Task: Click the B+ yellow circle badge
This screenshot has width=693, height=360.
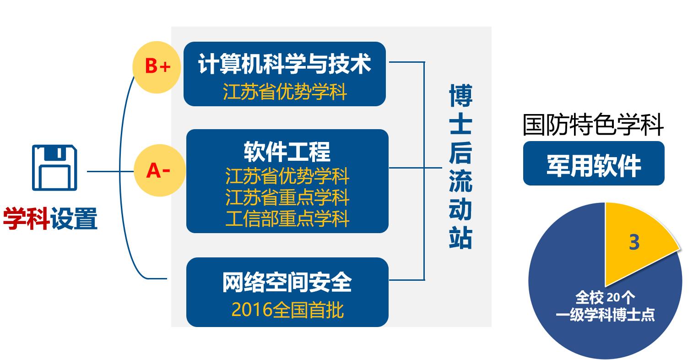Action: [157, 67]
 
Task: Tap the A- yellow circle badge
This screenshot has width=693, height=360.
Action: [160, 170]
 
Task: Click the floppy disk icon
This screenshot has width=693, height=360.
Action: [54, 168]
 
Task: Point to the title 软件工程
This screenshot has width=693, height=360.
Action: [287, 152]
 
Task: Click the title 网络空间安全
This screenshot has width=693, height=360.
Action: [287, 282]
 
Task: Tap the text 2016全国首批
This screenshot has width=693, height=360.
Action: [287, 310]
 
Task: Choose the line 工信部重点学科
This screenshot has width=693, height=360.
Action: [287, 218]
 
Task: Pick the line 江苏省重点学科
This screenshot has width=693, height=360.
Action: [287, 197]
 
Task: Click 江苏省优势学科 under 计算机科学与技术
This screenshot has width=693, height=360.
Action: [285, 92]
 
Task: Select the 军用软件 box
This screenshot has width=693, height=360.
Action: [594, 163]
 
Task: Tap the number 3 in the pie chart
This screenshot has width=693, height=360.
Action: [634, 242]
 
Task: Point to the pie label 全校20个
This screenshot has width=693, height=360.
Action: [605, 297]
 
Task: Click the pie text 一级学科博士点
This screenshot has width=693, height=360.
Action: [605, 315]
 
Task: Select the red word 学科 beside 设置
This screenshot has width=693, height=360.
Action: [26, 218]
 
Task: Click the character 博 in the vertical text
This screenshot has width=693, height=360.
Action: [460, 95]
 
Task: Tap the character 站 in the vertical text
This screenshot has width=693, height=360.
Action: [460, 237]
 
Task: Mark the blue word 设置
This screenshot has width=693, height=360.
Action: [74, 218]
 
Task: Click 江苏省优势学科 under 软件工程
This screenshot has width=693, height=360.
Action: [287, 176]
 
